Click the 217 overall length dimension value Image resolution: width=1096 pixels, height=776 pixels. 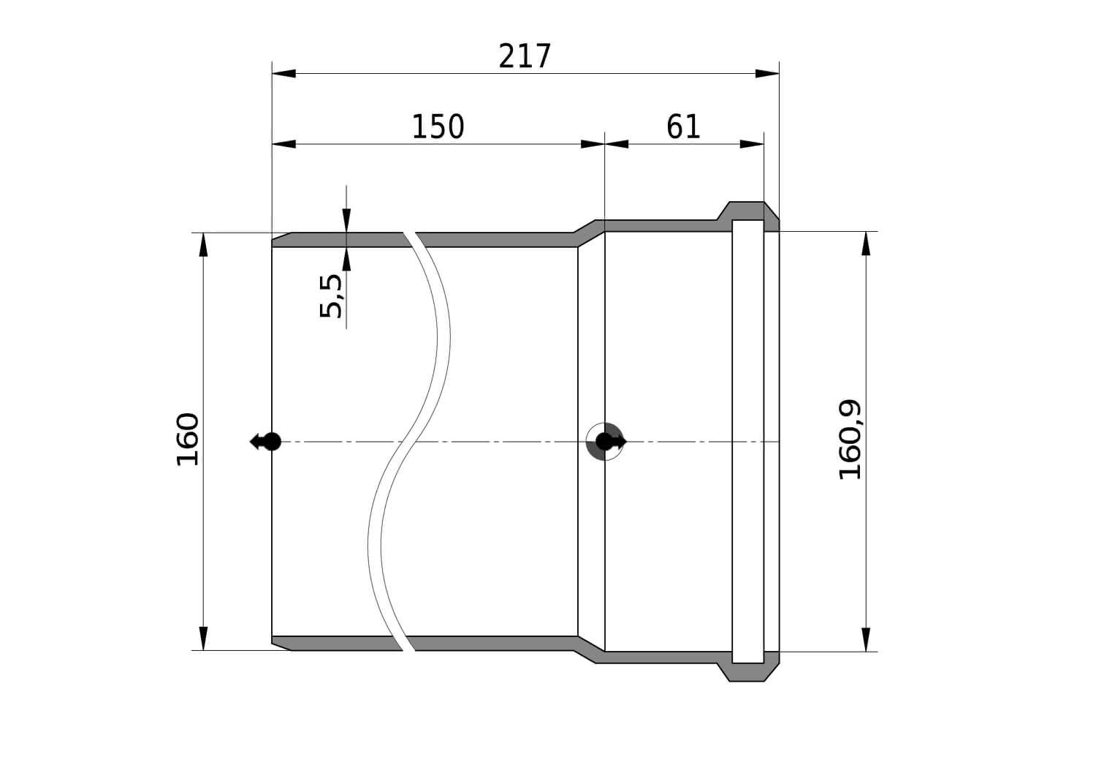(x=525, y=56)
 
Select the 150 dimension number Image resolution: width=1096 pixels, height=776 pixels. (x=438, y=127)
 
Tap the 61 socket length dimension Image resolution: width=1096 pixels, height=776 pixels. (x=683, y=127)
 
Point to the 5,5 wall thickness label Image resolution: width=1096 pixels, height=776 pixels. (x=331, y=296)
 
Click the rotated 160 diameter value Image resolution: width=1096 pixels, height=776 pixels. (x=187, y=440)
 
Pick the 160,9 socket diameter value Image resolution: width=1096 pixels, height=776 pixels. (x=850, y=440)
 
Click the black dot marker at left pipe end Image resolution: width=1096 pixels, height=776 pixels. (x=272, y=442)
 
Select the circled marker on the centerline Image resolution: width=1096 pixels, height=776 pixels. (x=605, y=442)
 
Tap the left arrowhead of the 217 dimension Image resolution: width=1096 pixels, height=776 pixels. (x=283, y=73)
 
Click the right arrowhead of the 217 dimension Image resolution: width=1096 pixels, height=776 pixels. (x=767, y=73)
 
